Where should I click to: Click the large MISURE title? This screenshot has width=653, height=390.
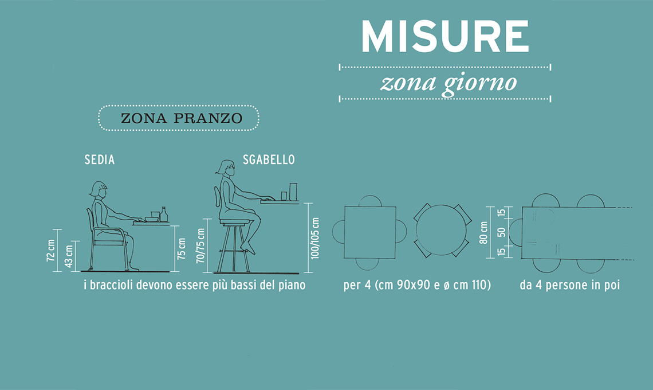coord(444,36)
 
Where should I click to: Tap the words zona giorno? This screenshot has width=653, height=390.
coord(448,83)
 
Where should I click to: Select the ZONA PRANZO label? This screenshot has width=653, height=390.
coord(182,119)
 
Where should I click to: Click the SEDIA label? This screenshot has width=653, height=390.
coord(100,159)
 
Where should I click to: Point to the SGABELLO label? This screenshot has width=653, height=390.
coord(269,159)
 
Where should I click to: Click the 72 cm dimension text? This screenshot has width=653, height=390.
coord(51,250)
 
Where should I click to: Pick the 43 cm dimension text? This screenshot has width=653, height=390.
coord(69,256)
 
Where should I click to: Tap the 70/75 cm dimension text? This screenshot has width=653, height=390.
coord(200,245)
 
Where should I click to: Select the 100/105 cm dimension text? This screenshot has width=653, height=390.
coord(315,238)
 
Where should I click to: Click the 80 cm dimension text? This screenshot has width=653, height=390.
coord(483,232)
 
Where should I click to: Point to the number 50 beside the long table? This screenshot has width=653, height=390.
coord(502,232)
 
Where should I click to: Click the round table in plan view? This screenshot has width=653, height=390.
coord(442,230)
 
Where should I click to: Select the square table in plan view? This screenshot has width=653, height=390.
coord(370,232)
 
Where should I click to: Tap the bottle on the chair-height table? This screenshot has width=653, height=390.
coord(164,214)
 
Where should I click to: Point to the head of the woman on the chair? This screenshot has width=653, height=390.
coord(99,189)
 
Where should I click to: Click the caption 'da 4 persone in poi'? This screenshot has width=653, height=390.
coord(570,285)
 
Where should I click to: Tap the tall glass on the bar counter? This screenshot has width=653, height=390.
coord(293,192)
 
